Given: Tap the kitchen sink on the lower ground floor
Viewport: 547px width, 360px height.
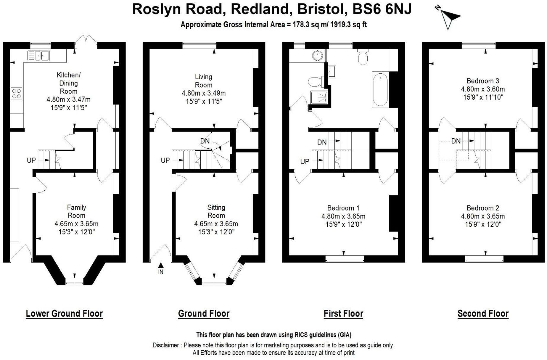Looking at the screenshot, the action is pyautogui.click(x=38, y=55).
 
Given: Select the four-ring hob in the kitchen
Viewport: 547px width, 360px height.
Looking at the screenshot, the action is pyautogui.click(x=17, y=94).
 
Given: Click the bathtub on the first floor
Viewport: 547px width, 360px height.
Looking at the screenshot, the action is pyautogui.click(x=380, y=89).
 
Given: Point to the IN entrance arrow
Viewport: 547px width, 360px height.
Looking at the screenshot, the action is pyautogui.click(x=161, y=266).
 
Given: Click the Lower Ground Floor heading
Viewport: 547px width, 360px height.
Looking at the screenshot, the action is pyautogui.click(x=64, y=314).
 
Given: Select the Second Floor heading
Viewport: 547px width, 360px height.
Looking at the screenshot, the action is pyautogui.click(x=483, y=314).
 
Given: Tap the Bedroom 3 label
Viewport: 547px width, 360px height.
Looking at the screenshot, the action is pyautogui.click(x=483, y=81).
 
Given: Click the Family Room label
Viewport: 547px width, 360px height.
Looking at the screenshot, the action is pyautogui.click(x=76, y=211).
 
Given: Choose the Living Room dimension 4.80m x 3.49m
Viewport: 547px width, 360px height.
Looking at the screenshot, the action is pyautogui.click(x=204, y=93).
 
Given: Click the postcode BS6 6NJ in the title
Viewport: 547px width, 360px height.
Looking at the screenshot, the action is pyautogui.click(x=382, y=9).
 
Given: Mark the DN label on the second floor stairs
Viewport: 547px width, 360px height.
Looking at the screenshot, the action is pyautogui.click(x=456, y=141).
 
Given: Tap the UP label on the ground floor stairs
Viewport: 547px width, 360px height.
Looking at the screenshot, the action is pyautogui.click(x=165, y=160).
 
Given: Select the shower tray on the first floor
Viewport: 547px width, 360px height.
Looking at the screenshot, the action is pyautogui.click(x=319, y=97).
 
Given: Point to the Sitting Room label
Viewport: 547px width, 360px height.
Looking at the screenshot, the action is pyautogui.click(x=216, y=211).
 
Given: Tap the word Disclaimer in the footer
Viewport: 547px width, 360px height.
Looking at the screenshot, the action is pyautogui.click(x=165, y=345).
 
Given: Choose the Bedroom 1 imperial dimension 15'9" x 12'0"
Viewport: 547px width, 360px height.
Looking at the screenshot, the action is pyautogui.click(x=343, y=224).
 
